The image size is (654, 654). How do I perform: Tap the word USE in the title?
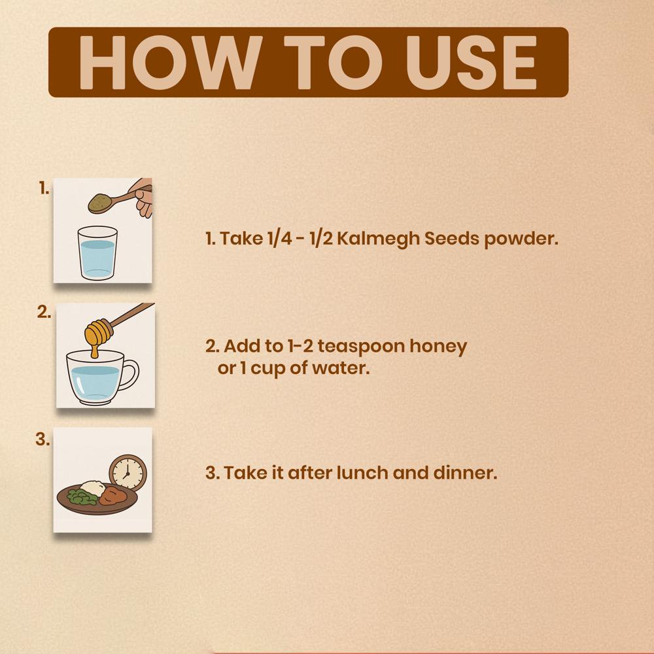[x=472, y=63]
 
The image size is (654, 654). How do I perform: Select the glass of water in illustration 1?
[x=97, y=252]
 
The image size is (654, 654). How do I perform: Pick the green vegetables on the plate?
[x=82, y=496]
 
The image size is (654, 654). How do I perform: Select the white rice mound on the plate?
[x=93, y=487]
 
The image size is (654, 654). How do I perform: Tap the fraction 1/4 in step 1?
[x=280, y=239]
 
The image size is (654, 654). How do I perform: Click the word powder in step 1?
[x=521, y=239]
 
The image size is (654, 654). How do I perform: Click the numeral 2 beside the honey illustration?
[x=43, y=312]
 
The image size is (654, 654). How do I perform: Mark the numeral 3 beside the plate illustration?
[x=42, y=439]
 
